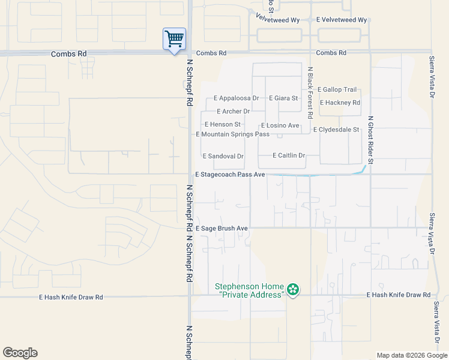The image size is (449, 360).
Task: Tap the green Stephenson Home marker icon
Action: (x=293, y=290)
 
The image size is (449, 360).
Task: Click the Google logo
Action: (x=20, y=353)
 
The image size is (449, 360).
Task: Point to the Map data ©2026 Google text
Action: (x=411, y=355)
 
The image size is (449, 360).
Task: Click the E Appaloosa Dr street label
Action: (x=237, y=98)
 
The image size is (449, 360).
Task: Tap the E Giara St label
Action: (x=283, y=98)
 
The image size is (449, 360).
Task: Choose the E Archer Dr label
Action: (x=233, y=112)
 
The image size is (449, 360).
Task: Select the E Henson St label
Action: (x=221, y=124)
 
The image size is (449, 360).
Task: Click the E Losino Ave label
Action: (x=280, y=125)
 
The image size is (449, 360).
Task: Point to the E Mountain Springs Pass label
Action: (x=233, y=134)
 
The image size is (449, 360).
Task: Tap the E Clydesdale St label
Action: (x=336, y=130)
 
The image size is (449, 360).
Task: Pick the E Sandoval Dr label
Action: (x=223, y=156)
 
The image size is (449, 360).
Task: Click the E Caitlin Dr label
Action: (x=289, y=155)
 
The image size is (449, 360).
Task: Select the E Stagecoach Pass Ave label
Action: (x=230, y=175)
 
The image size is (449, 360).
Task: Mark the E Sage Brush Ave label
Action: (x=221, y=229)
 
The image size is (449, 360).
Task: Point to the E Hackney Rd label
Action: (x=340, y=103)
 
